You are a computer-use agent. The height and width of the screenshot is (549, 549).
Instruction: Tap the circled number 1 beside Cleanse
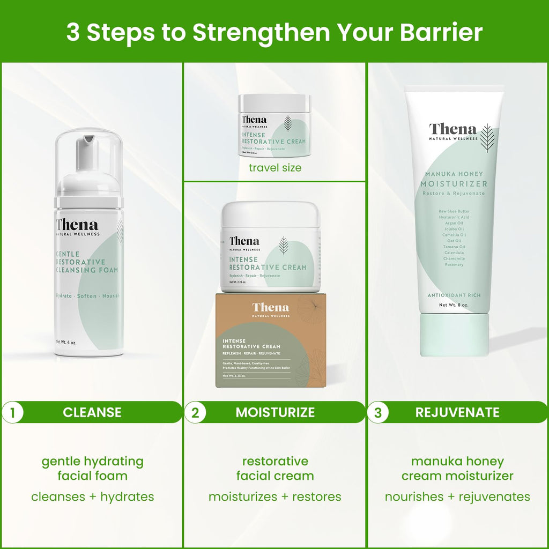12,412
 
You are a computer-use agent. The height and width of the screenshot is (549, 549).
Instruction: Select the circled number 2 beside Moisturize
195,412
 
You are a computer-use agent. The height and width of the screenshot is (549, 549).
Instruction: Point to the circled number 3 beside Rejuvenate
379,412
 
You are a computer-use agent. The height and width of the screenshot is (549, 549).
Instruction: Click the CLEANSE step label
92,412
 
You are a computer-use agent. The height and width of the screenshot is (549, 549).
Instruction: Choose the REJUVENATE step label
457,412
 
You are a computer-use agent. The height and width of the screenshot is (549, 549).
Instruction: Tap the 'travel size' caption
274,168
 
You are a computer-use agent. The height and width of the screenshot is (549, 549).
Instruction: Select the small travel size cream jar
274,125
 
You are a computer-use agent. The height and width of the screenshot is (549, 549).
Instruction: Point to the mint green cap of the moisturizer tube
454,335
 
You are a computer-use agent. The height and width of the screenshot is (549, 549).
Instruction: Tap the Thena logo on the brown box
270,308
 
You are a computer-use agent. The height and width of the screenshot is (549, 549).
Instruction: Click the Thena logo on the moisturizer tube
452,130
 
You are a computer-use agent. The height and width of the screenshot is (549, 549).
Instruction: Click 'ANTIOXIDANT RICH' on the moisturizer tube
454,295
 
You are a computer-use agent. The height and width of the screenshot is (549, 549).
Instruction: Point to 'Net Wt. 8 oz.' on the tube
454,305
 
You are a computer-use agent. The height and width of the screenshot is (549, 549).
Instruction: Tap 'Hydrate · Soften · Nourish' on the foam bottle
88,296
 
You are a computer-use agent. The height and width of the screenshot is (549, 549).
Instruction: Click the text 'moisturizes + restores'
274,497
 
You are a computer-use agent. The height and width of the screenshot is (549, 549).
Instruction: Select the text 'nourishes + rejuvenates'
457,497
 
